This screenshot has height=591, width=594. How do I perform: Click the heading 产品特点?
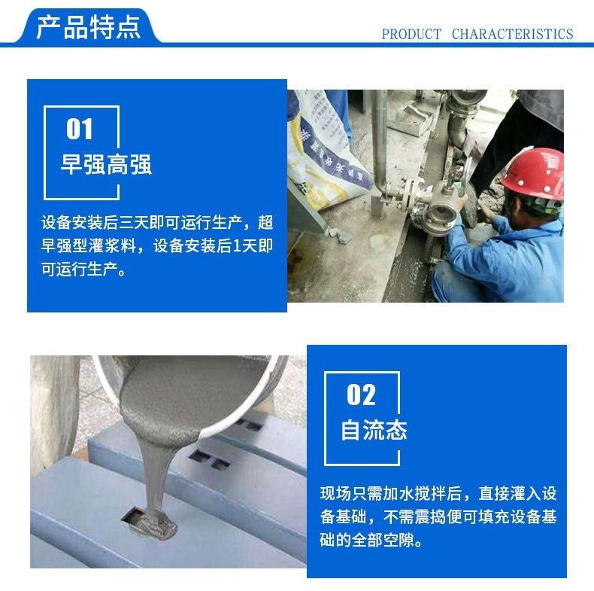tap(89, 27)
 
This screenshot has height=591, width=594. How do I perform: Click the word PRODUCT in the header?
tap(411, 34)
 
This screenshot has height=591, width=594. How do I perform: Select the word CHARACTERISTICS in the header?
tap(512, 34)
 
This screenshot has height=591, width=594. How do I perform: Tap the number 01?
tap(80, 129)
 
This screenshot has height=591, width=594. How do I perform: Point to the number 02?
tap(361, 395)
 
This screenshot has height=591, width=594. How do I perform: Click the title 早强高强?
tap(106, 164)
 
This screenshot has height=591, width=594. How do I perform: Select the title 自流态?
tap(374, 430)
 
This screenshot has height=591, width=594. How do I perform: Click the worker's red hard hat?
tap(533, 174)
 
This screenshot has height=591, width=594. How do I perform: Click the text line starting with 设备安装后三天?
tap(157, 223)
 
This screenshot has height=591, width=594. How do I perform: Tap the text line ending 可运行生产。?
tap(83, 270)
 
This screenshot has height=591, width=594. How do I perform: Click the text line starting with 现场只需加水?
tap(438, 494)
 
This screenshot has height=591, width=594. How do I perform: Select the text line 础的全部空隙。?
tap(371, 540)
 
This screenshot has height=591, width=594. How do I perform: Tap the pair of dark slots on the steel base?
tap(210, 458)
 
